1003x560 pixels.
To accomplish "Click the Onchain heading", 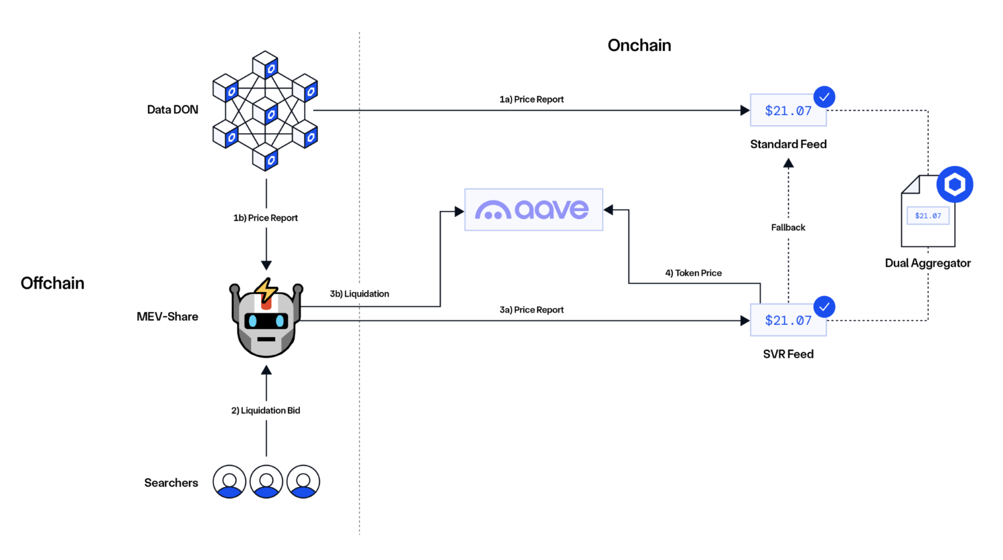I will [639, 45].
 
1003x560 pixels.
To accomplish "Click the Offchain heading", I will [52, 283].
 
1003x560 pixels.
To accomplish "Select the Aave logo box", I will [534, 210].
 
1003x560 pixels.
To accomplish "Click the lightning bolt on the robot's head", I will [266, 291].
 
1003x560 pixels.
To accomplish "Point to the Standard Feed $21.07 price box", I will [788, 111].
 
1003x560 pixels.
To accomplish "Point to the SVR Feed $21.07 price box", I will [788, 320].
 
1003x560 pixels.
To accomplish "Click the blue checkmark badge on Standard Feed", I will [824, 97].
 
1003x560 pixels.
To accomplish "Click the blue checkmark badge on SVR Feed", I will [824, 307].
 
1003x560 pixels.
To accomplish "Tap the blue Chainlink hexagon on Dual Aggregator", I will [954, 184].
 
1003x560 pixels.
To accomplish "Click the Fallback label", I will [788, 227].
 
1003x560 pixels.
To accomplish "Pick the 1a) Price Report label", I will [532, 99].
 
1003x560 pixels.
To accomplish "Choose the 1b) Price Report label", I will [266, 218].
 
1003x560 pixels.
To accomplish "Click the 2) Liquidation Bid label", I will [266, 410].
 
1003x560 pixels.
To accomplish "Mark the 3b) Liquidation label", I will [360, 293].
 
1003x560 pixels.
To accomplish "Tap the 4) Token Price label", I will [693, 273].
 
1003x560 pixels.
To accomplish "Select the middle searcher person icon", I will [266, 482].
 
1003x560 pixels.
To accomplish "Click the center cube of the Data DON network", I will [265, 113].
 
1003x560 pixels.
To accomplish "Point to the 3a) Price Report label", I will [532, 309].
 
